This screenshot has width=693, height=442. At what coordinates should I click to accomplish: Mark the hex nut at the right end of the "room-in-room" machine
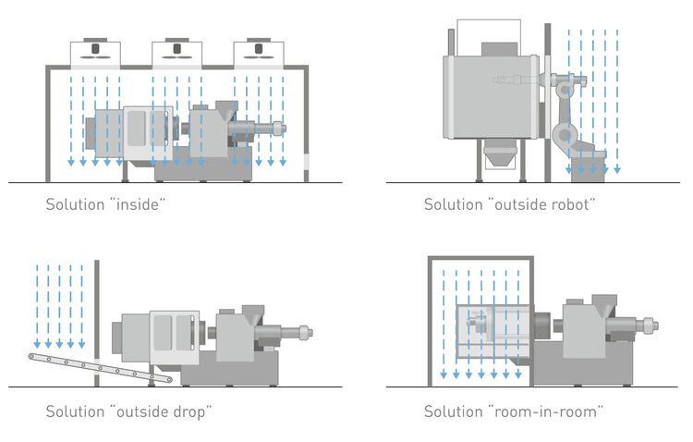tap(652, 325)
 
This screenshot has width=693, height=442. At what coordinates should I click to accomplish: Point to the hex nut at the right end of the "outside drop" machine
tap(307, 331)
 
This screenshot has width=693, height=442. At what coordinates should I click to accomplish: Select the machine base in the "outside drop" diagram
tap(231, 370)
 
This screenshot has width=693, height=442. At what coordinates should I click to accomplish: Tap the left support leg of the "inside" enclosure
tap(48, 125)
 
